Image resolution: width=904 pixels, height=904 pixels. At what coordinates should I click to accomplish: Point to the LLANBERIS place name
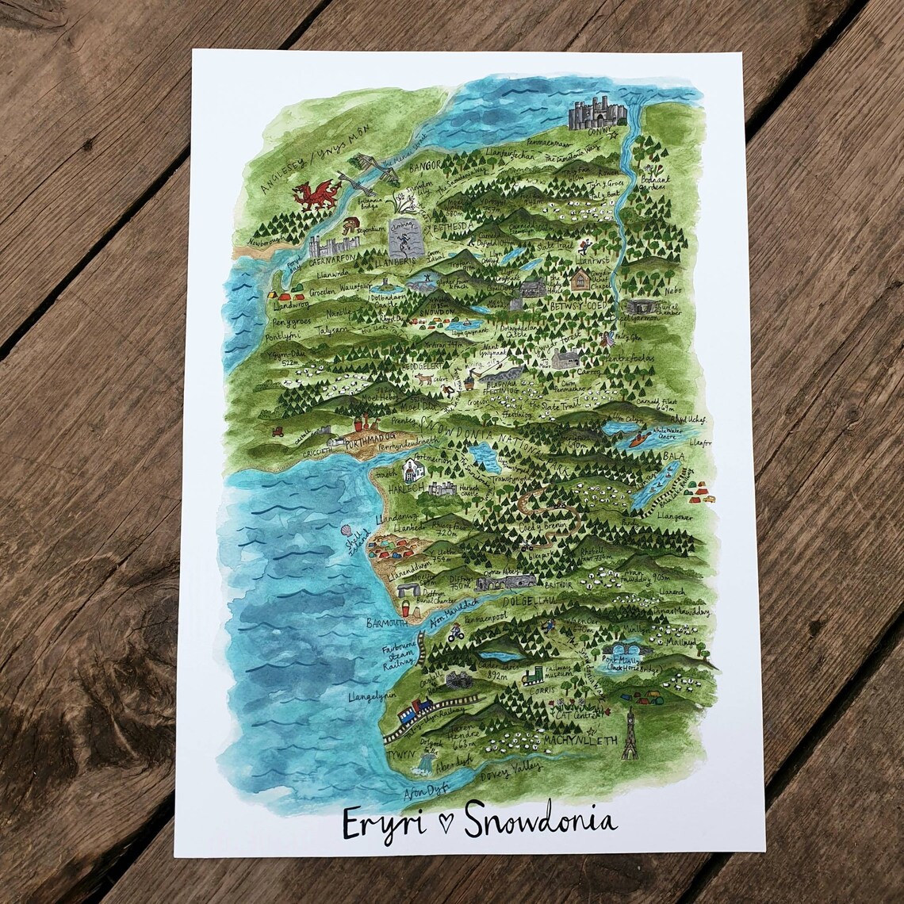click(384, 263)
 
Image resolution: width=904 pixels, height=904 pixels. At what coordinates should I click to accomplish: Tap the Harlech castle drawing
click(442, 488)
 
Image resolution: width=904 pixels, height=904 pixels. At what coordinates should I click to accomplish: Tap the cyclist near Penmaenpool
click(455, 634)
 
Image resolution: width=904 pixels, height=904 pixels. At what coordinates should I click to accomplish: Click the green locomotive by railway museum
click(532, 676)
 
